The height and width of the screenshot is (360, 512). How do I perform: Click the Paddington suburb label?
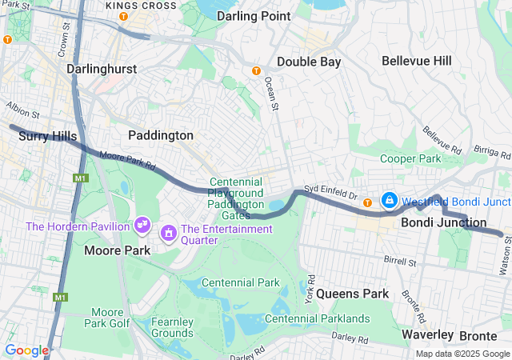[161, 135]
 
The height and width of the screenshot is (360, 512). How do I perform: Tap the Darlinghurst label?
[102, 69]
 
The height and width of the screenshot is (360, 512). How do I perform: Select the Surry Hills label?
[48, 137]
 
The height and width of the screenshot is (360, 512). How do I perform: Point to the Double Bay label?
[309, 62]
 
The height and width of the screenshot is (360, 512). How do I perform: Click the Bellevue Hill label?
[416, 61]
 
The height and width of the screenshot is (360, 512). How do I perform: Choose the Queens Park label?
[352, 294]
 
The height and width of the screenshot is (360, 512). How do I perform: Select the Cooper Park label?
[410, 158]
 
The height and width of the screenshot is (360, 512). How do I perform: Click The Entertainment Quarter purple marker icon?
[170, 234]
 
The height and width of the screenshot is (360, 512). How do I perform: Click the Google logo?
[26, 350]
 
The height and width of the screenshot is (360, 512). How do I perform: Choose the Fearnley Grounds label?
[172, 327]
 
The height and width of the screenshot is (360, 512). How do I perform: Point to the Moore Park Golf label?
[107, 318]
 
